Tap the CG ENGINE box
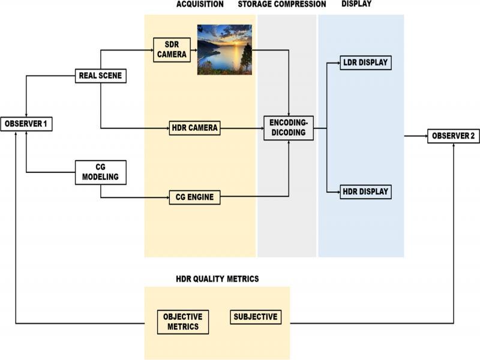pos(191,196)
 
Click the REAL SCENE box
pos(100,76)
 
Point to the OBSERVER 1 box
pos(27,124)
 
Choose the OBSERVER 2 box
pos(453,136)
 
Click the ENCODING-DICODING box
pos(289,128)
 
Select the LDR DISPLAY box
pos(365,62)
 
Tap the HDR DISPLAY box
pos(365,192)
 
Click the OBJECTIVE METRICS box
pos(182,322)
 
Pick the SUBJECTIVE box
pos(256,317)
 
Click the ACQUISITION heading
pos(200,4)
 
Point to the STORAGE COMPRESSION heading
pos(282,4)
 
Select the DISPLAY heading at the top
pos(356,4)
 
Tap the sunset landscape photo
pos(224,50)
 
